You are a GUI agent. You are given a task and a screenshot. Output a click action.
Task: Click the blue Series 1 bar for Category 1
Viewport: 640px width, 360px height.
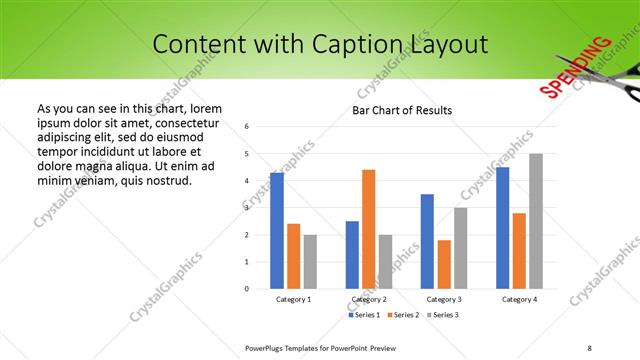[277, 231]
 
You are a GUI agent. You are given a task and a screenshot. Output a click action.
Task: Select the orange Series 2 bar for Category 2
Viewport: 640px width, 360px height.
[368, 229]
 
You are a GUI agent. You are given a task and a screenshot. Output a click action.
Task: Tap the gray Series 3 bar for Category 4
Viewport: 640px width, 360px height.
[536, 221]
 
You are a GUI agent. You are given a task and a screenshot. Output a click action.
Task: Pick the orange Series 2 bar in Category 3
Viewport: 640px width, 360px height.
[444, 264]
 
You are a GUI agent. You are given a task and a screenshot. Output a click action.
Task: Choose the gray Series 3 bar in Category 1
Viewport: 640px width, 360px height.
[310, 262]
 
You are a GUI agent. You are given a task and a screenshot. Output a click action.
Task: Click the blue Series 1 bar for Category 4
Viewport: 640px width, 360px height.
[502, 228]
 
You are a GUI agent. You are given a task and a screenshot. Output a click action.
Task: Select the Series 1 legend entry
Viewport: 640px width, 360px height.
[363, 315]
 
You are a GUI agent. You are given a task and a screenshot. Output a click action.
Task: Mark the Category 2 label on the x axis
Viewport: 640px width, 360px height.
[369, 299]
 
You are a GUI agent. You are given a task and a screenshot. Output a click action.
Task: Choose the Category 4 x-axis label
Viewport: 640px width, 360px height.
[519, 299]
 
